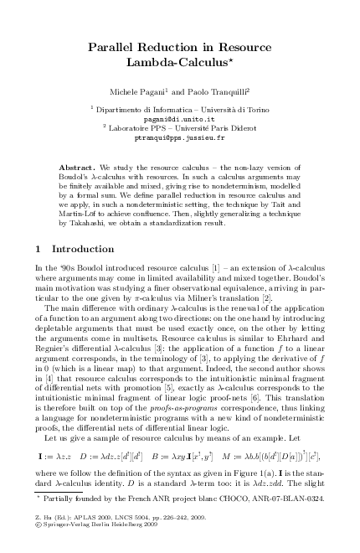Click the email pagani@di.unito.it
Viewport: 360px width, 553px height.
coord(180,119)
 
